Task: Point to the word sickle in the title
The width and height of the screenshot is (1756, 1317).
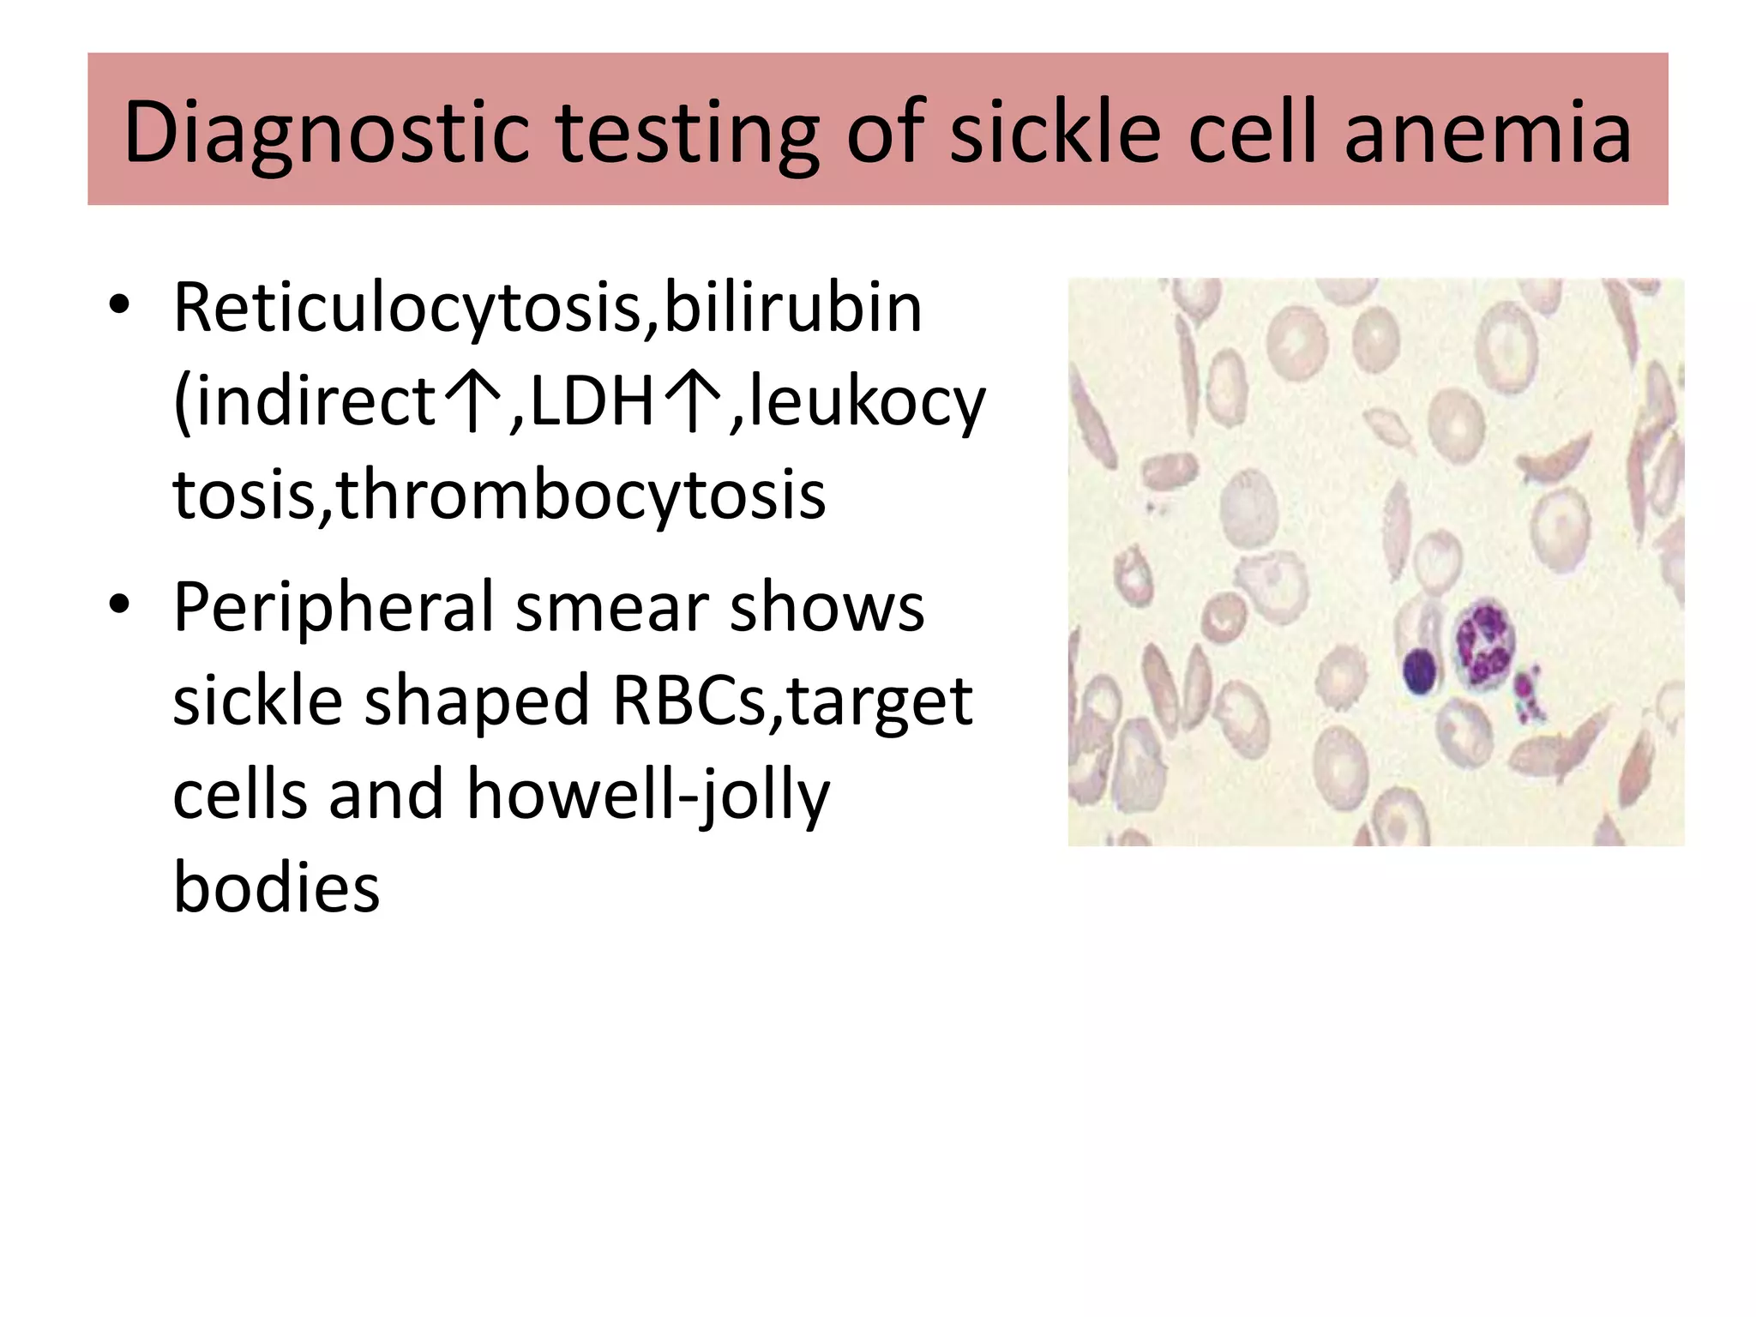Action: point(1055,132)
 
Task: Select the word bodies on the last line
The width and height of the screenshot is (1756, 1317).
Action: point(276,887)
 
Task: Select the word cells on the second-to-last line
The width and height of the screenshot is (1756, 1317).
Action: point(240,794)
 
